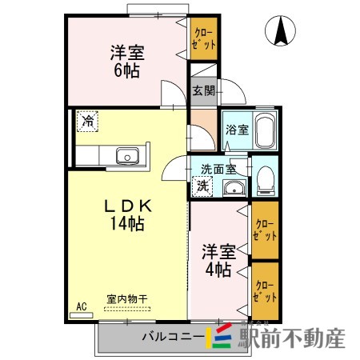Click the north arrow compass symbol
click(x=282, y=33)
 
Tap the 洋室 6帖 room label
click(x=126, y=62)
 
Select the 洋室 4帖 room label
click(x=215, y=258)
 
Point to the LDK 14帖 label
click(x=126, y=215)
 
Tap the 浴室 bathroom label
click(x=237, y=129)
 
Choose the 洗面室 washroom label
click(x=218, y=168)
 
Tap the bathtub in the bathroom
click(x=266, y=130)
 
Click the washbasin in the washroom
click(x=234, y=188)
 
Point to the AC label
click(x=81, y=306)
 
